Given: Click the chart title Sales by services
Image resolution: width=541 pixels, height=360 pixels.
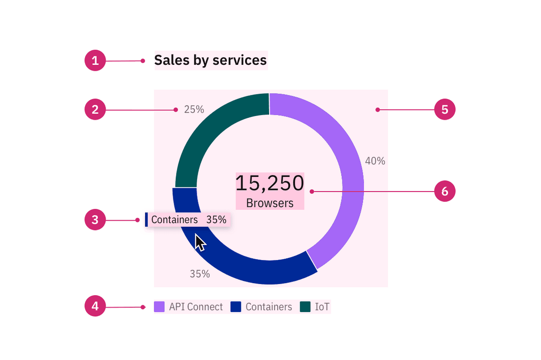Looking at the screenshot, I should click(x=210, y=61).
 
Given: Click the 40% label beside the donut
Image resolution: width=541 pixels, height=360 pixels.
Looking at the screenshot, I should click(x=375, y=161).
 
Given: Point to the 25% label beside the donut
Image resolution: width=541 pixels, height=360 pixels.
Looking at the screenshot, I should click(x=194, y=109).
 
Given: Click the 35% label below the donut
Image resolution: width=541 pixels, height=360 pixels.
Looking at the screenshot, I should click(x=200, y=274).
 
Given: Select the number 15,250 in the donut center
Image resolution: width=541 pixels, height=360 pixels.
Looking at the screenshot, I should click(x=270, y=183).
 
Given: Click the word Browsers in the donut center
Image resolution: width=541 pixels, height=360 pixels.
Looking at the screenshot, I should click(x=270, y=203).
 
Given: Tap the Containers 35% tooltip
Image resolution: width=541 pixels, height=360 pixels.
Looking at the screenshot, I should click(x=188, y=220).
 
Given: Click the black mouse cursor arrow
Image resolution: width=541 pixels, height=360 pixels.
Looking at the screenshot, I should click(x=200, y=243).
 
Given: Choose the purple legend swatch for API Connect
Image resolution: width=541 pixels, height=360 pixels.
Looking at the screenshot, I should click(x=159, y=307).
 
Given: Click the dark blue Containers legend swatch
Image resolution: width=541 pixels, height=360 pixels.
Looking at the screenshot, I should click(x=236, y=307).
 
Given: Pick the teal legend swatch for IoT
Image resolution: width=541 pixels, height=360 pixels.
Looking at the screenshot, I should click(x=305, y=307).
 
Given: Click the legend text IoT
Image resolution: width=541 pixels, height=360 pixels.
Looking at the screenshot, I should click(x=322, y=307).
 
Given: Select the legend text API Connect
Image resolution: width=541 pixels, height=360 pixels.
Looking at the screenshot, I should click(x=196, y=307).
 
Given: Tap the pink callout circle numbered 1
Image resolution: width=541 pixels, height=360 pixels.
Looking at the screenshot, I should click(x=95, y=61).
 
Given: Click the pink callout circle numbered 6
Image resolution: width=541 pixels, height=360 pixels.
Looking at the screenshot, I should click(x=445, y=191).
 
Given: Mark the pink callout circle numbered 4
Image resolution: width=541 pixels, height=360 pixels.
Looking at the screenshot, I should click(x=95, y=306).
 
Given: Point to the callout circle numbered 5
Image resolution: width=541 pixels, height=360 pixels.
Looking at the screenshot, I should click(x=445, y=110).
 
